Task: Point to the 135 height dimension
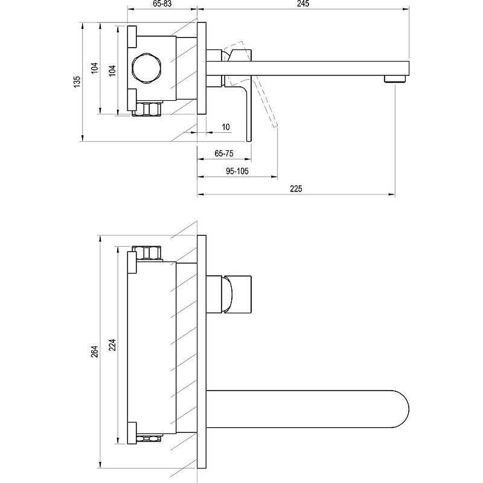tap(77, 82)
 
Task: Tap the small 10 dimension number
tap(225, 127)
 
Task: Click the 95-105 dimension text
tap(237, 171)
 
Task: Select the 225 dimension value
tap(296, 189)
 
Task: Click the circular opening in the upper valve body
tap(147, 67)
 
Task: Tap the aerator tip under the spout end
tap(395, 79)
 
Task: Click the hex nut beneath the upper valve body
tap(149, 110)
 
